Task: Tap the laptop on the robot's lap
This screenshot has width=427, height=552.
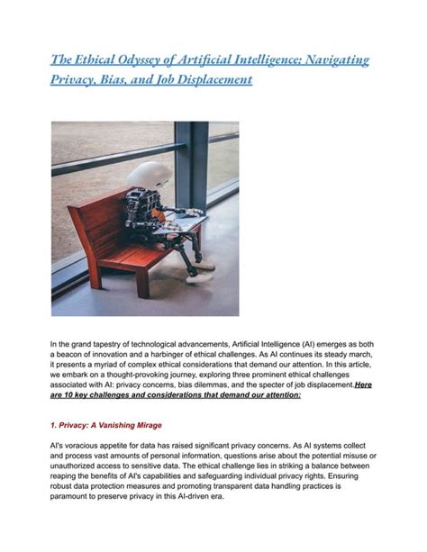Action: coord(180,220)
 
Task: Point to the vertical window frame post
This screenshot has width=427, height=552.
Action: coord(190,171)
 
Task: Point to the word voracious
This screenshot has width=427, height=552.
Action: coord(83,446)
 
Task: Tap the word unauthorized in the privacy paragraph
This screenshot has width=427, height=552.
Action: coord(82,467)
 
